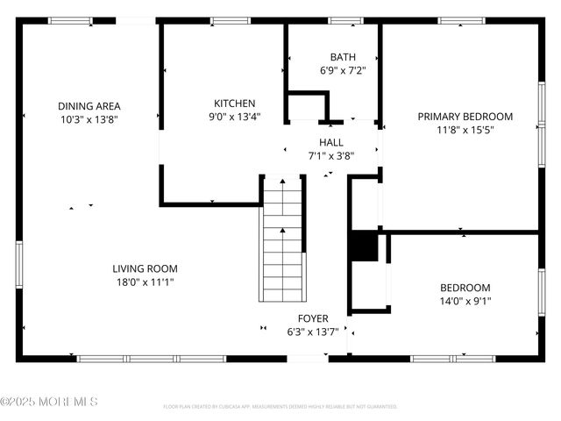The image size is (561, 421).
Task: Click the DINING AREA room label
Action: (89, 106)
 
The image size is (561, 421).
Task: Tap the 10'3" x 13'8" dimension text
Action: (89, 118)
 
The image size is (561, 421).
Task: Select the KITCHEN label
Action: (234, 103)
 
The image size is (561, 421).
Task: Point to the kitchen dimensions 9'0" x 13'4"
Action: (234, 116)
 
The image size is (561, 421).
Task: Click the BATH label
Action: (330, 57)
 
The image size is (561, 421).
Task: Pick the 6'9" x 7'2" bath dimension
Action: (330, 70)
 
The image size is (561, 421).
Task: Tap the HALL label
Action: (330, 142)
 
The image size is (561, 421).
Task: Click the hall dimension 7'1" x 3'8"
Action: (330, 155)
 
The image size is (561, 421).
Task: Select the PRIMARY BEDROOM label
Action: (465, 116)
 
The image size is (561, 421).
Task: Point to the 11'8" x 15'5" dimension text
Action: (465, 129)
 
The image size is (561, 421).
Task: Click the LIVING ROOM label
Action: (145, 269)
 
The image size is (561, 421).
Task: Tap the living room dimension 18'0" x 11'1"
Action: (145, 282)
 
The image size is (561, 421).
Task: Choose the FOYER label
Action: (313, 318)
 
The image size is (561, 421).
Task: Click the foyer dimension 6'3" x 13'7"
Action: (313, 332)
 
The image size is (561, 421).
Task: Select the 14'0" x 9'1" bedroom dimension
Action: (465, 301)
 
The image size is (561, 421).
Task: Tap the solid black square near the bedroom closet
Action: (362, 246)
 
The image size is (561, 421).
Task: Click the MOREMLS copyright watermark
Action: (49, 402)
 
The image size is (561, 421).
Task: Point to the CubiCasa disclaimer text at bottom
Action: (280, 407)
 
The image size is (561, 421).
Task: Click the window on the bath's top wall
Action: (345, 20)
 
